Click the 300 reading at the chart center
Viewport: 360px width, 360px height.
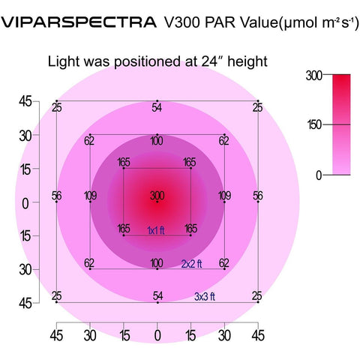(157, 196)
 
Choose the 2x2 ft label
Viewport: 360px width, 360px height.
(192, 263)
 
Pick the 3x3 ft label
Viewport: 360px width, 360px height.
(205, 297)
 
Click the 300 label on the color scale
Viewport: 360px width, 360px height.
(315, 75)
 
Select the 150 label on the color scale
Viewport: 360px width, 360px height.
(315, 124)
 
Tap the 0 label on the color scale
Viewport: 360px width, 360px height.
(319, 175)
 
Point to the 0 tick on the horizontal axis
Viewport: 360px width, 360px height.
(157, 334)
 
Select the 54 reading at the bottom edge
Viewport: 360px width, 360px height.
(157, 295)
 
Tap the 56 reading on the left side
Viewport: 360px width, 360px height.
(57, 196)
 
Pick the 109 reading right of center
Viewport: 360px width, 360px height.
(224, 196)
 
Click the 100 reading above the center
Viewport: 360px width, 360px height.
(157, 141)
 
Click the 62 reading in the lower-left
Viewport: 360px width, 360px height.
(90, 262)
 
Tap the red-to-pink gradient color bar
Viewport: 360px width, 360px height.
(340, 124)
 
